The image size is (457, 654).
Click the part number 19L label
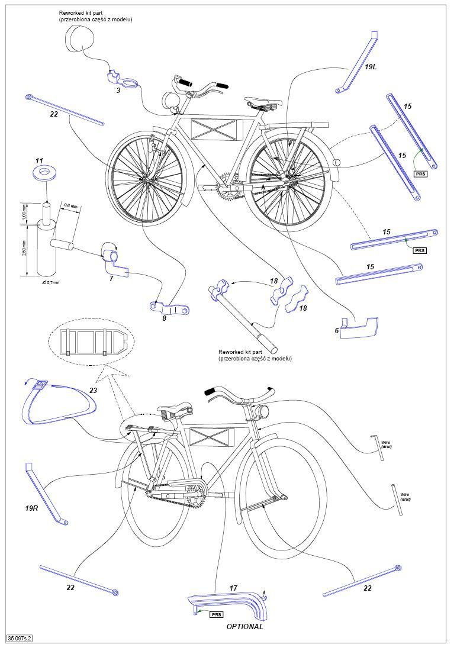click(x=371, y=67)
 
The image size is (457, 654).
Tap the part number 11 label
click(x=40, y=161)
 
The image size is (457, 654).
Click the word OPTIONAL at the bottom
click(x=245, y=626)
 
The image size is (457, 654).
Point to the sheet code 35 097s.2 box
click(x=19, y=638)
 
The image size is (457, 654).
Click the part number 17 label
click(x=233, y=588)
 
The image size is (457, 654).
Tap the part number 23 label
click(x=93, y=390)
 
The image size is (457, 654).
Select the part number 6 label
click(x=337, y=331)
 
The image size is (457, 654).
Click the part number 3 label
click(x=118, y=91)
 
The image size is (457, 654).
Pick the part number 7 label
click(x=111, y=278)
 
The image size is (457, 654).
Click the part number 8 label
click(x=165, y=318)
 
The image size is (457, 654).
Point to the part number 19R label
click(x=32, y=507)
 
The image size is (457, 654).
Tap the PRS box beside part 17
click(x=217, y=615)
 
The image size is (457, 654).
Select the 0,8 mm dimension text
click(x=71, y=207)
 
